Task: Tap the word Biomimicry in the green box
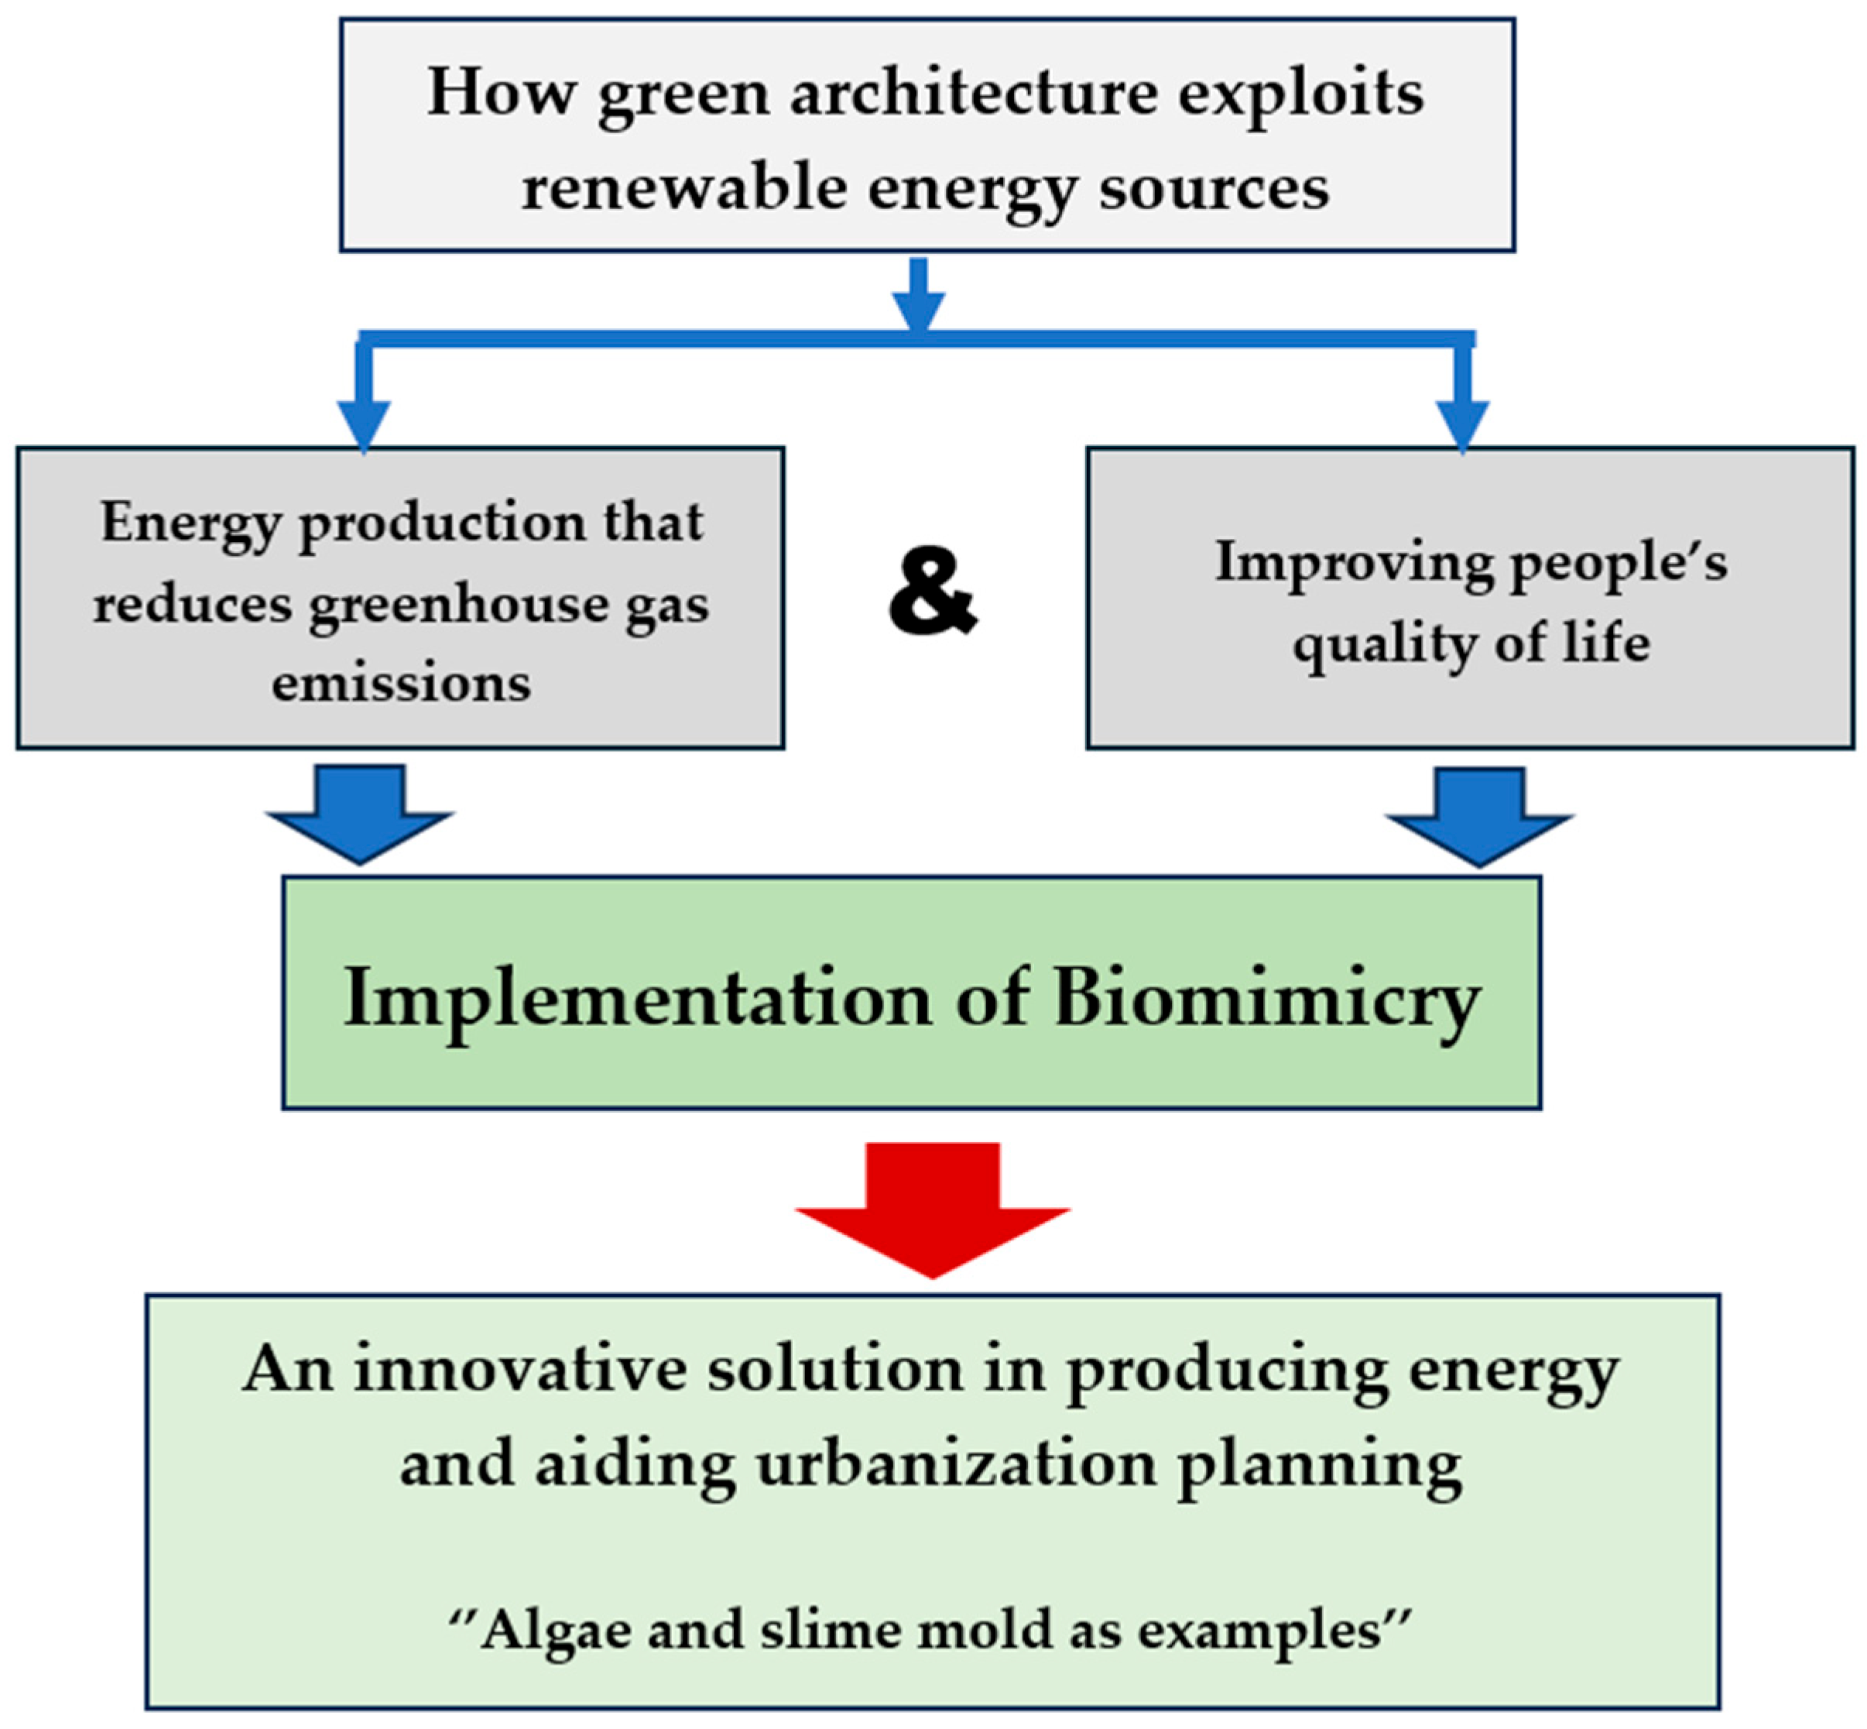1266,998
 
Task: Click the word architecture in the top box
973,94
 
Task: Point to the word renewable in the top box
683,188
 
